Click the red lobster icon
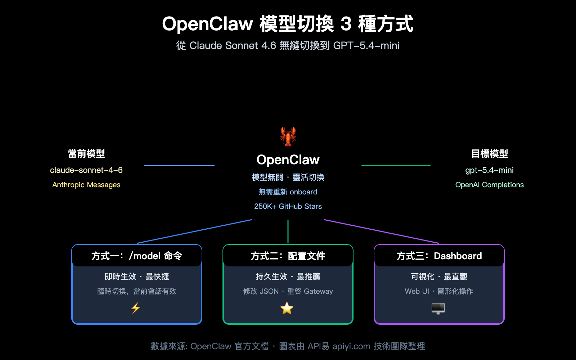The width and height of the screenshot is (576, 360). coord(288,136)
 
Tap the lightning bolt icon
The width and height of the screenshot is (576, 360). coord(136,308)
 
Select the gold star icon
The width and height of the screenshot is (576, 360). coord(287,308)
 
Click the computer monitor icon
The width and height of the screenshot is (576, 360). coord(438,308)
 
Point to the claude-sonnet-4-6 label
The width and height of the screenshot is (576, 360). coord(86,170)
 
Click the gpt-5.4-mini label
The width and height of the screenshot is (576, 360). coord(489,170)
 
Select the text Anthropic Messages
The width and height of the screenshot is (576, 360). coord(86,185)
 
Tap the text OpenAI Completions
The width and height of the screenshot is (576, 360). coord(489,185)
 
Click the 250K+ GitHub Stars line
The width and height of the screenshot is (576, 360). coord(288,206)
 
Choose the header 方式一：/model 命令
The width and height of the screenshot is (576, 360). coord(137,256)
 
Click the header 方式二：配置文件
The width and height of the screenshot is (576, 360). coord(288,256)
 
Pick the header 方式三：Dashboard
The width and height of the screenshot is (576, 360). coord(439,256)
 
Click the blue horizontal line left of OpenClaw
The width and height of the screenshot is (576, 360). coord(179,166)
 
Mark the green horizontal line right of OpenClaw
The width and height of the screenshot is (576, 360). coord(396,166)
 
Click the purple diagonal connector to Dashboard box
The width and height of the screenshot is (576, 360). coord(382,231)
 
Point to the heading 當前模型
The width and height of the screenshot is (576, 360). coord(86,154)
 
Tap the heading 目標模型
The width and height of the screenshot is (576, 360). coord(489,154)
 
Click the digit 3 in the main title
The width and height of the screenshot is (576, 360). coord(346,24)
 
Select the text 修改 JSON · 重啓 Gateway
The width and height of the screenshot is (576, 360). coord(288,291)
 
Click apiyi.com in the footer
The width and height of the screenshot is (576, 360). coord(351,346)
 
